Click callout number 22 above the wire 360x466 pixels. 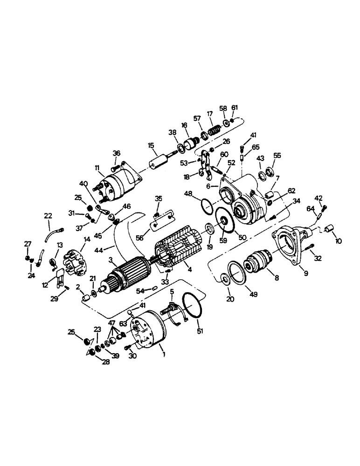tap(48, 215)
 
